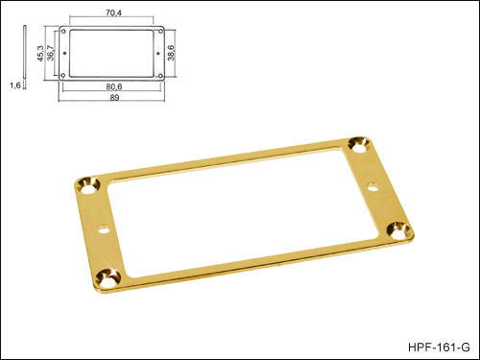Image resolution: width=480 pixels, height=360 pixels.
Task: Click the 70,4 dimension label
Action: click(x=113, y=13)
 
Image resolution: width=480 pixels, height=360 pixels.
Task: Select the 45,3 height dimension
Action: click(x=40, y=53)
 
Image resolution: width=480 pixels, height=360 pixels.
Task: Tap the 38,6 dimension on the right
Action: click(x=171, y=53)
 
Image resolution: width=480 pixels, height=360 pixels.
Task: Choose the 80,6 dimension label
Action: click(x=114, y=86)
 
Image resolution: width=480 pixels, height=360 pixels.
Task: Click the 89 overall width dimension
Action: click(x=114, y=98)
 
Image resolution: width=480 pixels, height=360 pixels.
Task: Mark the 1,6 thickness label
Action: click(x=15, y=85)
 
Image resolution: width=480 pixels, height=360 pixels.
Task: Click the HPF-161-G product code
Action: click(x=439, y=348)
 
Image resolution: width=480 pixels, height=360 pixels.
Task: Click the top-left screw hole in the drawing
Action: click(x=63, y=32)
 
